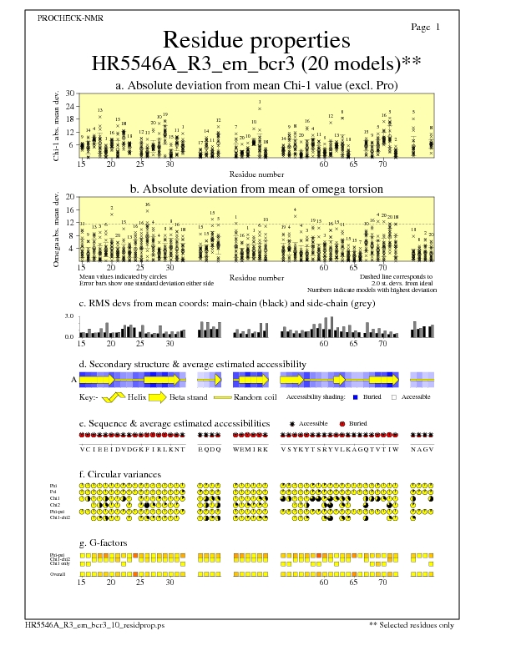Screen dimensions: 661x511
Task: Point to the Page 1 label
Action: [x=426, y=28]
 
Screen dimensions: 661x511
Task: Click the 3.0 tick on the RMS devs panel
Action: [x=69, y=317]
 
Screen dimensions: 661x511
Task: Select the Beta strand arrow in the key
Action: [x=159, y=397]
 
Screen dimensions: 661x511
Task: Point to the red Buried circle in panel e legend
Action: [x=342, y=424]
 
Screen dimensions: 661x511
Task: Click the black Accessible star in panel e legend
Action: [x=291, y=424]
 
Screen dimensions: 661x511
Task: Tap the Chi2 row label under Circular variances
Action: [x=55, y=505]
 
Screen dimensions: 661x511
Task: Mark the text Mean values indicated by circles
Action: [x=117, y=275]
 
